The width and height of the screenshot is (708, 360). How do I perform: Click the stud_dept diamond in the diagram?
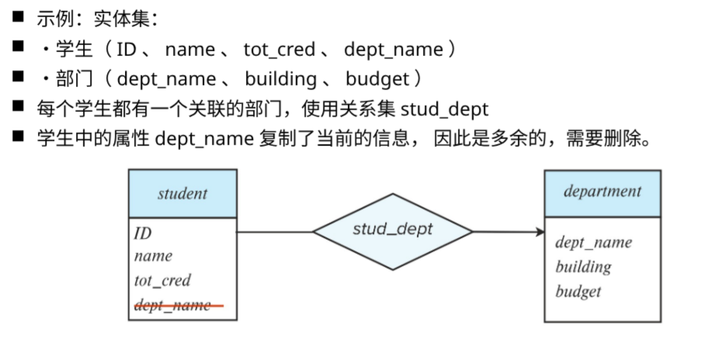coord(392,230)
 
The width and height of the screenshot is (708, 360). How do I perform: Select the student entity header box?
coord(182,193)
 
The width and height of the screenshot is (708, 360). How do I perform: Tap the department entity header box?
coord(602,192)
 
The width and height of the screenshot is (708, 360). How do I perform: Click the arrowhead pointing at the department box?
coord(540,231)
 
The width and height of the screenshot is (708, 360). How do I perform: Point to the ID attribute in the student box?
coord(143,234)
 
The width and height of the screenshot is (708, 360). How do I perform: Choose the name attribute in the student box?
coord(153,256)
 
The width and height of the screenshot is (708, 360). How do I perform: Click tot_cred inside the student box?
coord(162,280)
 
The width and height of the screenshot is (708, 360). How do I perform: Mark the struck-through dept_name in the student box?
coord(172,305)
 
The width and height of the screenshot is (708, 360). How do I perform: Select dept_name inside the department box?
coord(593,242)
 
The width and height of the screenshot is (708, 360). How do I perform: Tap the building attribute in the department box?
coord(583,267)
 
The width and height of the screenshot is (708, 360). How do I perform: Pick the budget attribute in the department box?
coord(578,292)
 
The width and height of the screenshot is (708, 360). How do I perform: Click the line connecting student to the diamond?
coord(274,231)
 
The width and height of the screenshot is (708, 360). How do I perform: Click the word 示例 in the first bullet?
coord(51,19)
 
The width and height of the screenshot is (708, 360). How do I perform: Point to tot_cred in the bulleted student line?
coord(279,50)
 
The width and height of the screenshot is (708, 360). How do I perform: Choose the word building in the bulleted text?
coord(280,79)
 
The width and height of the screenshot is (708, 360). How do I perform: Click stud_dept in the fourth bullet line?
coord(445,109)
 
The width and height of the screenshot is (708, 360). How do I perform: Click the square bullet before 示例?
coord(18,17)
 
